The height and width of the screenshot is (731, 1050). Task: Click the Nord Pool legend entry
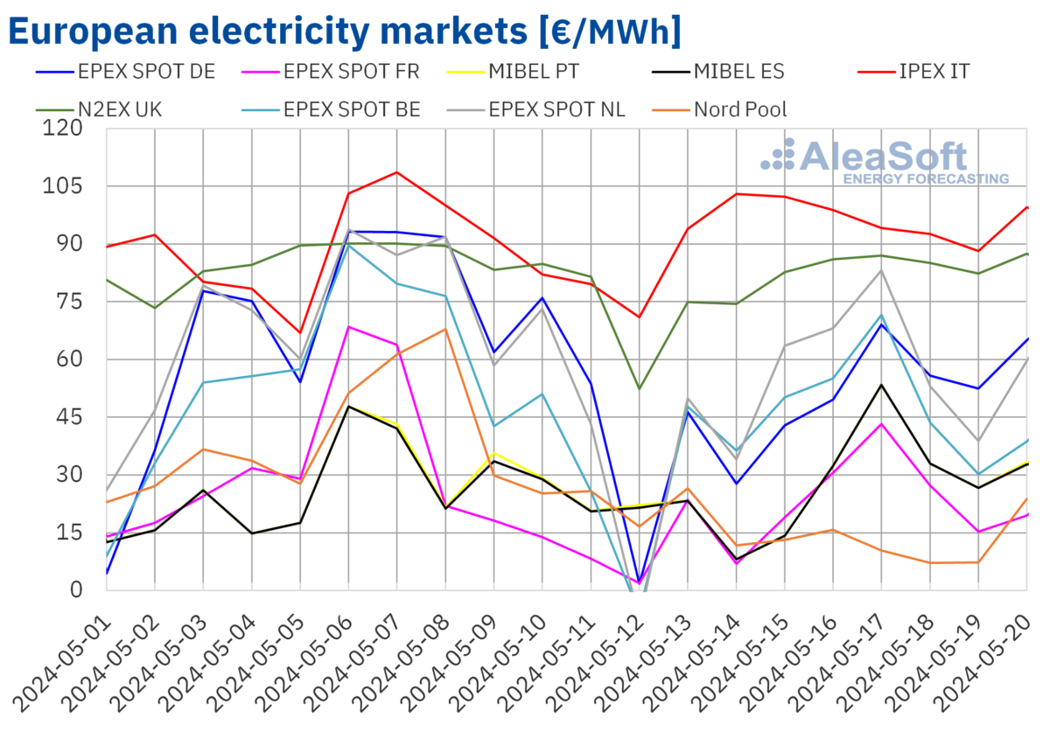click(740, 109)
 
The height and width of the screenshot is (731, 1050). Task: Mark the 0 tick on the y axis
click(77, 590)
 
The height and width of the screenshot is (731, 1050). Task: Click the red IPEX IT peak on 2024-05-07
click(397, 172)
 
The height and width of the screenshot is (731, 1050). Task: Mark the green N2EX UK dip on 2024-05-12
click(640, 388)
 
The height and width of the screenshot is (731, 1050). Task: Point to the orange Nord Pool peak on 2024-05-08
click(445, 329)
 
